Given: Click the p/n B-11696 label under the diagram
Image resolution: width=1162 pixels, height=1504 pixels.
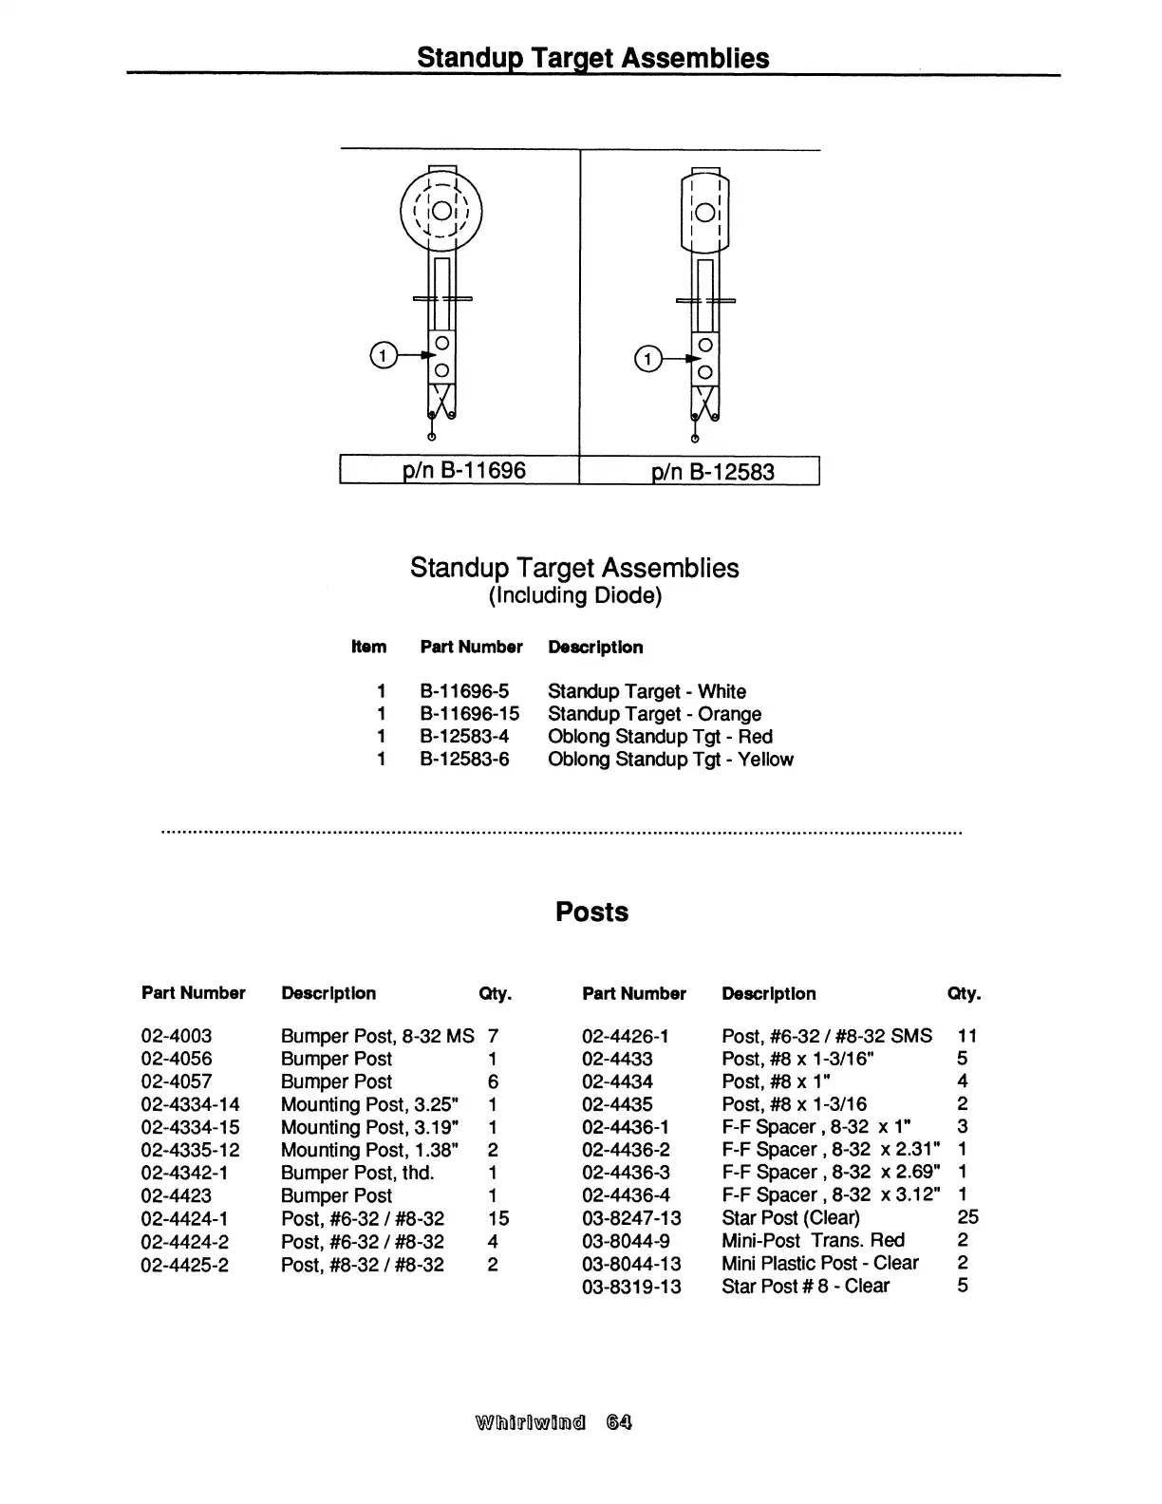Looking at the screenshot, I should (x=464, y=470).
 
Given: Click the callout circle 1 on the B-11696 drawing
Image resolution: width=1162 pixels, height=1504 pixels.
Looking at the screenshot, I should (x=382, y=356).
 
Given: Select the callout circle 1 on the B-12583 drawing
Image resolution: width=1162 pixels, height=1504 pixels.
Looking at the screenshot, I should (x=647, y=359).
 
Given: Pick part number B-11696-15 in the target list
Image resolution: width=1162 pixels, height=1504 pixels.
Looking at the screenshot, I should (x=470, y=714).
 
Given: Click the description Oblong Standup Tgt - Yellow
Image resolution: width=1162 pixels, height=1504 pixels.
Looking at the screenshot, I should (x=670, y=760).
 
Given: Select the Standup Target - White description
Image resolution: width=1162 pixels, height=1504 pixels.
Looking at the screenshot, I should (x=647, y=691).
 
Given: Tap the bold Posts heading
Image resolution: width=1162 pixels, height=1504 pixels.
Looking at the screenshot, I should (x=591, y=912).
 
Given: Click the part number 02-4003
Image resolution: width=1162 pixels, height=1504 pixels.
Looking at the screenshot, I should (x=177, y=1036).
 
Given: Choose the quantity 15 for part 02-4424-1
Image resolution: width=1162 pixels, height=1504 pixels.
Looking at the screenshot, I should (x=498, y=1218).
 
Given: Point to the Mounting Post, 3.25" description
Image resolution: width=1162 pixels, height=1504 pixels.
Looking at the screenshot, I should (x=370, y=1104).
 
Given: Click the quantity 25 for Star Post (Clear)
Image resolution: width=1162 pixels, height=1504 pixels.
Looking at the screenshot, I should (x=967, y=1217).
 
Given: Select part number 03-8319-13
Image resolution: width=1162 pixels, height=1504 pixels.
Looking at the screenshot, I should (x=631, y=1287).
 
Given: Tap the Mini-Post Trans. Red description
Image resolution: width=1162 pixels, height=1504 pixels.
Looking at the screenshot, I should (x=813, y=1240).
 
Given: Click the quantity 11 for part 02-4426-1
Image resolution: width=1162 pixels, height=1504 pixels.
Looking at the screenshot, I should (x=967, y=1036).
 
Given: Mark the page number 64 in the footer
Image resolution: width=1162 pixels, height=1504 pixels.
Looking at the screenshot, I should (x=620, y=1422).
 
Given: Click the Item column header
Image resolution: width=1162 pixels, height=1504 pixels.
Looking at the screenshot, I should (x=368, y=648).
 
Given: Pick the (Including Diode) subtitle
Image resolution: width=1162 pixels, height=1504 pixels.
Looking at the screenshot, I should (x=574, y=595).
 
